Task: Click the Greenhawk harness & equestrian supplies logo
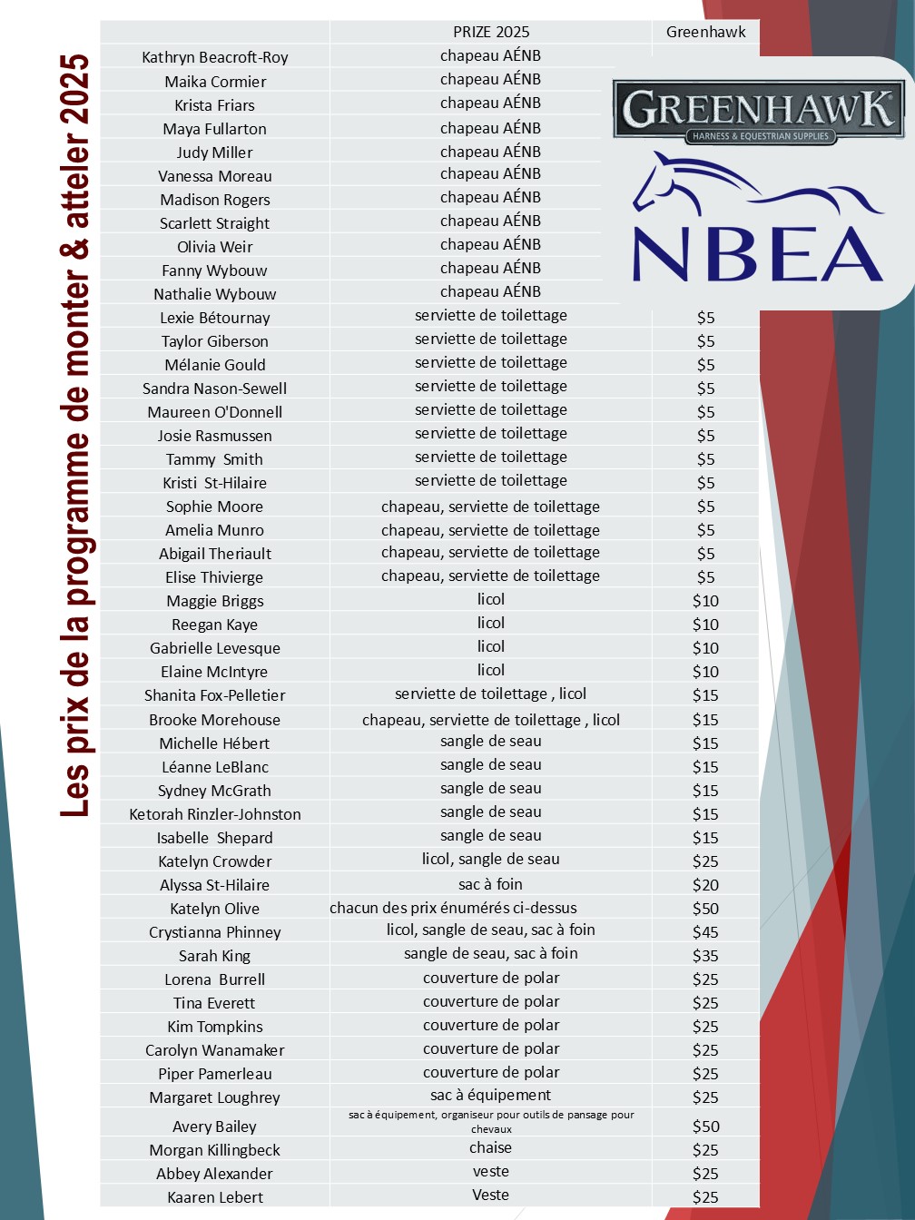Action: [758, 111]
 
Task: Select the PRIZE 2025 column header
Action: [491, 32]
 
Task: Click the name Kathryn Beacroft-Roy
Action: [215, 57]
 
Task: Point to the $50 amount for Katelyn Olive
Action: [705, 909]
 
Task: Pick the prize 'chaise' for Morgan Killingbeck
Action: [491, 1148]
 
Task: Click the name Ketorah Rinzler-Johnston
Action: [215, 814]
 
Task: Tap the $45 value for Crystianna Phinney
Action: [705, 932]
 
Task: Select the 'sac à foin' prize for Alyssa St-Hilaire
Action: [491, 884]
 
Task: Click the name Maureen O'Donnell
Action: [215, 412]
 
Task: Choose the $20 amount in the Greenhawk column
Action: [705, 885]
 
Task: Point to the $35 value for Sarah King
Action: [705, 956]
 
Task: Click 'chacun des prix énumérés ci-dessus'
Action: [453, 908]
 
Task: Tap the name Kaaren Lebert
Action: [215, 1197]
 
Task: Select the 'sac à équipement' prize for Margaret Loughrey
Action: [491, 1096]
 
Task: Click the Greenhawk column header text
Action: [705, 32]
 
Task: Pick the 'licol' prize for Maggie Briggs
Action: [491, 599]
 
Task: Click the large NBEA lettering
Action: [758, 254]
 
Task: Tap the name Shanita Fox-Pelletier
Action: [215, 695]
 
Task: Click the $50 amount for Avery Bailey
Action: [705, 1127]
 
